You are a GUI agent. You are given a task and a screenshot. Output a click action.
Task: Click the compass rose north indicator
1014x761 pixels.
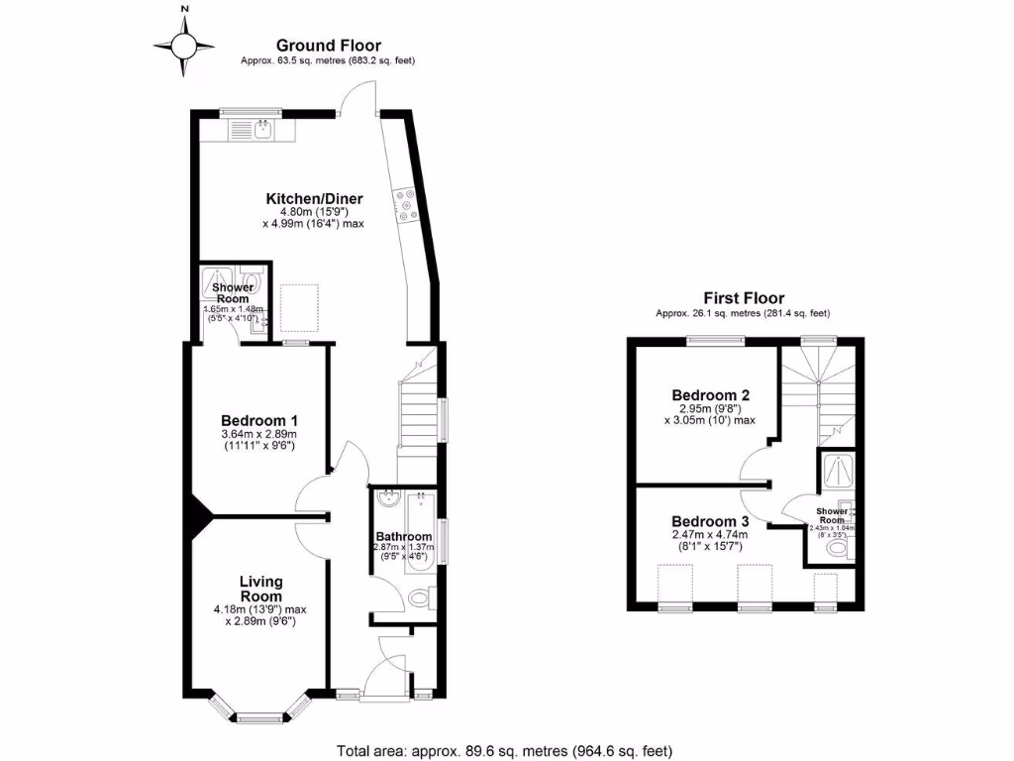pyautogui.click(x=183, y=44)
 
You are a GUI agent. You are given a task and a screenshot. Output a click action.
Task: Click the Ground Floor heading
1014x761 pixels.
pyautogui.click(x=328, y=45)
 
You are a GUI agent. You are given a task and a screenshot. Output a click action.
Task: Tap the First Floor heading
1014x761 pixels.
pyautogui.click(x=744, y=297)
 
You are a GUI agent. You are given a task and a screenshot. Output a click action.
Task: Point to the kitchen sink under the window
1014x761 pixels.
pyautogui.click(x=263, y=129)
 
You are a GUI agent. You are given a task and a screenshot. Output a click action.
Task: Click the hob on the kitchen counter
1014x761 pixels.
pyautogui.click(x=406, y=205)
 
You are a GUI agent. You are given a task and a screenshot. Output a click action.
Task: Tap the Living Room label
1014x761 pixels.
pyautogui.click(x=261, y=589)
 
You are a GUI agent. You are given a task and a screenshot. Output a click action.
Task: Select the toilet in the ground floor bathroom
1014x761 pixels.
pyautogui.click(x=419, y=598)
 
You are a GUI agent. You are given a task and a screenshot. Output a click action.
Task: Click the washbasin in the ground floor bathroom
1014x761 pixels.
pyautogui.click(x=387, y=497)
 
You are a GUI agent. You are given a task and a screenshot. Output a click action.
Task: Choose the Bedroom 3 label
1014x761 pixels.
pyautogui.click(x=709, y=521)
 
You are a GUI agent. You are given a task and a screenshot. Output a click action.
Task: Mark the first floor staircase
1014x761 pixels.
pyautogui.click(x=818, y=386)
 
